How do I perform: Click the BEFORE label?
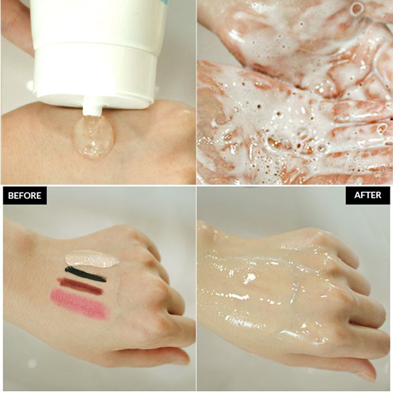click(x=25, y=195)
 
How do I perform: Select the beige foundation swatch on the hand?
click(x=92, y=258)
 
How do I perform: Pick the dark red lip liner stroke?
click(x=80, y=286)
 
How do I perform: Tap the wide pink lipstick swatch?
click(x=79, y=304)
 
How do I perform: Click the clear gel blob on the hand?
click(x=94, y=136)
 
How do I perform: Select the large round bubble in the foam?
click(x=356, y=9)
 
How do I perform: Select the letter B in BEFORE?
click(x=11, y=195)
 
